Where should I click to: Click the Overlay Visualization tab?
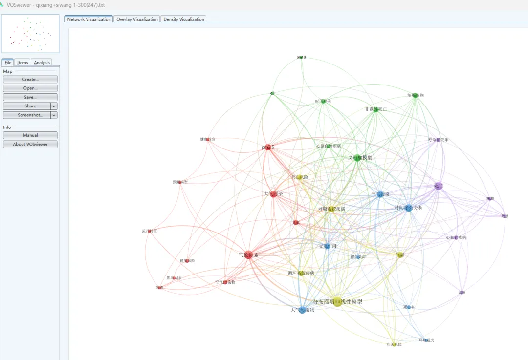tap(137, 19)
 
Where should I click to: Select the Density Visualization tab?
tap(184, 19)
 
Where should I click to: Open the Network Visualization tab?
tap(89, 19)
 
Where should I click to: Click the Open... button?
tap(30, 88)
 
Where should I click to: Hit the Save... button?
tap(30, 97)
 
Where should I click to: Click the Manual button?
tap(30, 135)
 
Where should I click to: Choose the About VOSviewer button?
tap(30, 144)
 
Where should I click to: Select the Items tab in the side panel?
tap(23, 63)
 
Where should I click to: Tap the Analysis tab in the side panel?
tap(42, 63)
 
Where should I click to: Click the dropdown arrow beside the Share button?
tap(54, 106)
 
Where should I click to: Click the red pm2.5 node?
tap(267, 147)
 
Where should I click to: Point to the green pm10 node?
tap(301, 57)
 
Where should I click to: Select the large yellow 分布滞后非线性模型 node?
tap(337, 302)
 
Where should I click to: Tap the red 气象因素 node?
tap(249, 254)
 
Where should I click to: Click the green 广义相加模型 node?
tap(357, 158)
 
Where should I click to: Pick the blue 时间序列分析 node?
tap(408, 208)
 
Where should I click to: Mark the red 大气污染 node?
tap(273, 194)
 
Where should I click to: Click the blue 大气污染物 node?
tap(302, 310)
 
